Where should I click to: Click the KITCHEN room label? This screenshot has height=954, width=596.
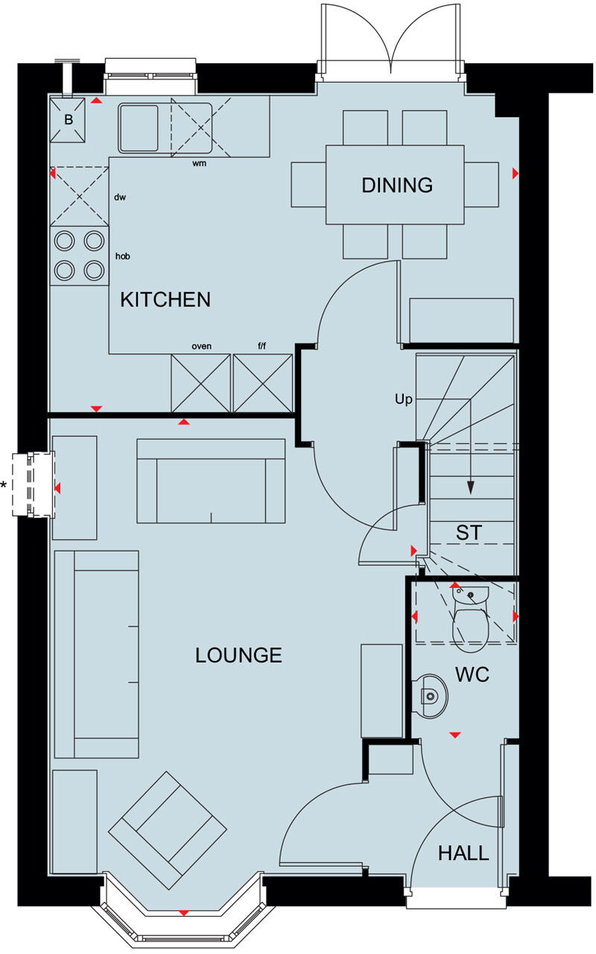click(x=165, y=300)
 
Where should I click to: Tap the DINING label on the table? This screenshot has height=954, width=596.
click(x=397, y=185)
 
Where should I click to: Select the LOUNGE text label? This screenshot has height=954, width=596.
click(x=238, y=655)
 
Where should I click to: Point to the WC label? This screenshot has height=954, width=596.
click(x=472, y=675)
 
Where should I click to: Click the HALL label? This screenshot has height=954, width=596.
click(x=463, y=853)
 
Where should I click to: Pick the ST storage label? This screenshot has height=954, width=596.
click(x=469, y=533)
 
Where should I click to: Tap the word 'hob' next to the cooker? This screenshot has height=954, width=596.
click(x=123, y=256)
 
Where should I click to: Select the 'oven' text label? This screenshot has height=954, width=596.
click(x=201, y=346)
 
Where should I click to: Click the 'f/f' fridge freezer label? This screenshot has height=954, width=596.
click(x=262, y=346)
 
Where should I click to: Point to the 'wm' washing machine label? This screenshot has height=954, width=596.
click(x=199, y=163)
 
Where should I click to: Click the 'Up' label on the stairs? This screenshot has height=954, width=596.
click(x=403, y=399)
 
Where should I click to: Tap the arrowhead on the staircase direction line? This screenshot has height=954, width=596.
click(x=470, y=488)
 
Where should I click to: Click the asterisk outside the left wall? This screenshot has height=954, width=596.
click(x=4, y=486)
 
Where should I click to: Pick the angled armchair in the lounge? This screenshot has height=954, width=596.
click(x=168, y=820)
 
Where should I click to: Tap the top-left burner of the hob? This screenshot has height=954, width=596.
click(x=65, y=240)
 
